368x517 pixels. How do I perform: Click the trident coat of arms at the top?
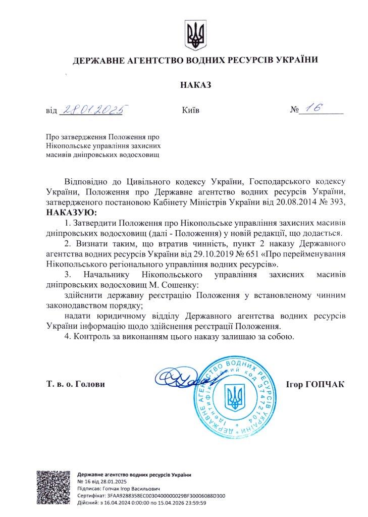coord(194,35)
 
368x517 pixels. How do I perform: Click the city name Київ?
coord(189,110)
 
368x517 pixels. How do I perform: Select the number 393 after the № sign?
coord(338,202)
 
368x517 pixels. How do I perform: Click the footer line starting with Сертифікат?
coord(151,496)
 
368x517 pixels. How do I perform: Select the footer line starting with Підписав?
coord(118,489)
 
